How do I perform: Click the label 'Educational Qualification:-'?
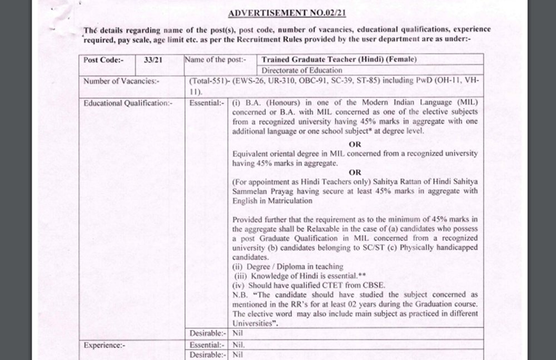(120, 103)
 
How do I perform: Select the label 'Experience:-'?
(104, 345)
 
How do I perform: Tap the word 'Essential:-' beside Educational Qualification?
(207, 103)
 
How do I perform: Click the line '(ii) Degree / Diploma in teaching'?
(287, 267)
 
